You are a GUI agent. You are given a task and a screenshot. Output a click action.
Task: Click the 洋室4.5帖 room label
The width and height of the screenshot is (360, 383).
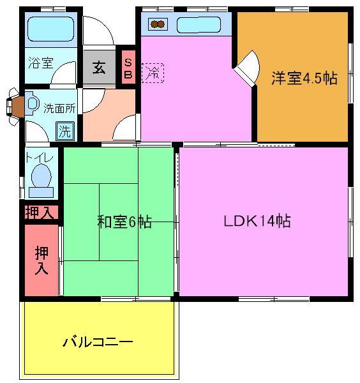point(304,79)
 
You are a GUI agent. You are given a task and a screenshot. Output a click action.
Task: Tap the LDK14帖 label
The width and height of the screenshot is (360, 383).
point(257,222)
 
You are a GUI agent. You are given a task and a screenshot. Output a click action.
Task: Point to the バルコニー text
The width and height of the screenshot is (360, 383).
point(98,342)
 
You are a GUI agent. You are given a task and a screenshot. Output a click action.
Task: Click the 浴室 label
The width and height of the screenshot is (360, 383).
point(40,63)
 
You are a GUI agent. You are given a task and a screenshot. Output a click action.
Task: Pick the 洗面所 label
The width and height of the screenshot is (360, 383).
point(59,108)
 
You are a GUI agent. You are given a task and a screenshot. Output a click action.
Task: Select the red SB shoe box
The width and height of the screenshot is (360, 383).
point(128,68)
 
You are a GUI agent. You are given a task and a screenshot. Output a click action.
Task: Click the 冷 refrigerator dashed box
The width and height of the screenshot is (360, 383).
point(153,72)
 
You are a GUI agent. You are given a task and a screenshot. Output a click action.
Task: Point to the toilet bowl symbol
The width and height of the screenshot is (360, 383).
point(41,177)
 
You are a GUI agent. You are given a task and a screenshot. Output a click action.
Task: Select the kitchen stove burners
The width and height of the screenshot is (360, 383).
point(158,26)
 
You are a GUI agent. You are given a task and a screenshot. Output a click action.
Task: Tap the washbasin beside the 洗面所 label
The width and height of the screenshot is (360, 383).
point(33,105)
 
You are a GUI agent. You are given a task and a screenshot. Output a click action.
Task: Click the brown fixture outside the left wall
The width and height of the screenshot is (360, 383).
point(16,105)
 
